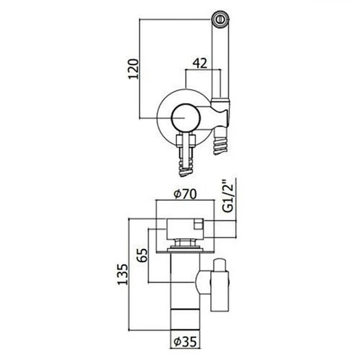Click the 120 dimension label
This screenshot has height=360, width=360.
pos(133,69)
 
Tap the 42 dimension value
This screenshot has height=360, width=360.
pos(200,63)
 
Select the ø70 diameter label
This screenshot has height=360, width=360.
pos(185,194)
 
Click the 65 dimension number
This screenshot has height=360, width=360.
pos(143,255)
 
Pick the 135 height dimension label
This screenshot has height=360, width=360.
pos(123,275)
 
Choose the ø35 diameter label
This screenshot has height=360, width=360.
pos(185,342)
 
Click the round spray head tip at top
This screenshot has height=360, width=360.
pos(220,19)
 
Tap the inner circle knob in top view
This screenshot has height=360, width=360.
pos(186,118)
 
